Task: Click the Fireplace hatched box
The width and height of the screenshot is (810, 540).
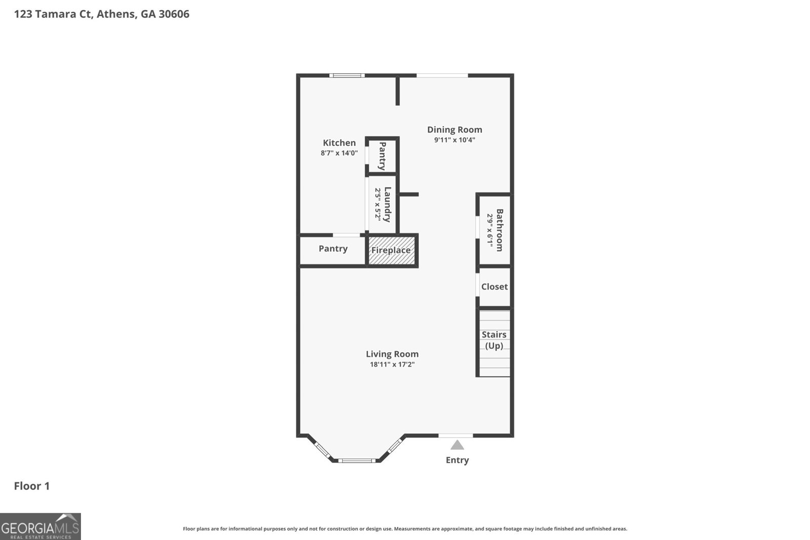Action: pyautogui.click(x=391, y=250)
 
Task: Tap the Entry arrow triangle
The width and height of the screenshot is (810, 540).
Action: pyautogui.click(x=457, y=445)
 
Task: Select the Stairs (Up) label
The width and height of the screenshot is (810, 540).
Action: pyautogui.click(x=494, y=340)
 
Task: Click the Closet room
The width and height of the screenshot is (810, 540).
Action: pyautogui.click(x=494, y=286)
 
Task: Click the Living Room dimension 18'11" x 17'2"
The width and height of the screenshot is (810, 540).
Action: pyautogui.click(x=392, y=364)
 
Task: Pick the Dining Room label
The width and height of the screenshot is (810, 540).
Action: pyautogui.click(x=455, y=130)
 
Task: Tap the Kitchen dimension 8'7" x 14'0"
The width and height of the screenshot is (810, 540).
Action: pyautogui.click(x=339, y=153)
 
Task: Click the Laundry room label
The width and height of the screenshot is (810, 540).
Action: pyautogui.click(x=387, y=204)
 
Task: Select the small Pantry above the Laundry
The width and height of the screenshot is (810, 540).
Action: pyautogui.click(x=383, y=156)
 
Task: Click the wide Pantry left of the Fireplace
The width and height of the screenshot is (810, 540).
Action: pyautogui.click(x=333, y=248)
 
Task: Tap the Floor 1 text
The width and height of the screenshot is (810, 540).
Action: pyautogui.click(x=32, y=486)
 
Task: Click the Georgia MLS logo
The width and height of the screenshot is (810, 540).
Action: pyautogui.click(x=40, y=526)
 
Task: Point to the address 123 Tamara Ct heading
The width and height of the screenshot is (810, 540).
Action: pyautogui.click(x=102, y=14)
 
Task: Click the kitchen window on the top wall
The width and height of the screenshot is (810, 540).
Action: pyautogui.click(x=347, y=76)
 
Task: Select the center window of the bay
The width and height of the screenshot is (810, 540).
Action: pyautogui.click(x=357, y=461)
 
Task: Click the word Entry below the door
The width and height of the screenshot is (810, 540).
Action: pyautogui.click(x=457, y=460)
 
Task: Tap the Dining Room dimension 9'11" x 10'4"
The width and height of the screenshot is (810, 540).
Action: pyautogui.click(x=455, y=140)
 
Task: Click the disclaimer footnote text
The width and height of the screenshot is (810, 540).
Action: pyautogui.click(x=405, y=529)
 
